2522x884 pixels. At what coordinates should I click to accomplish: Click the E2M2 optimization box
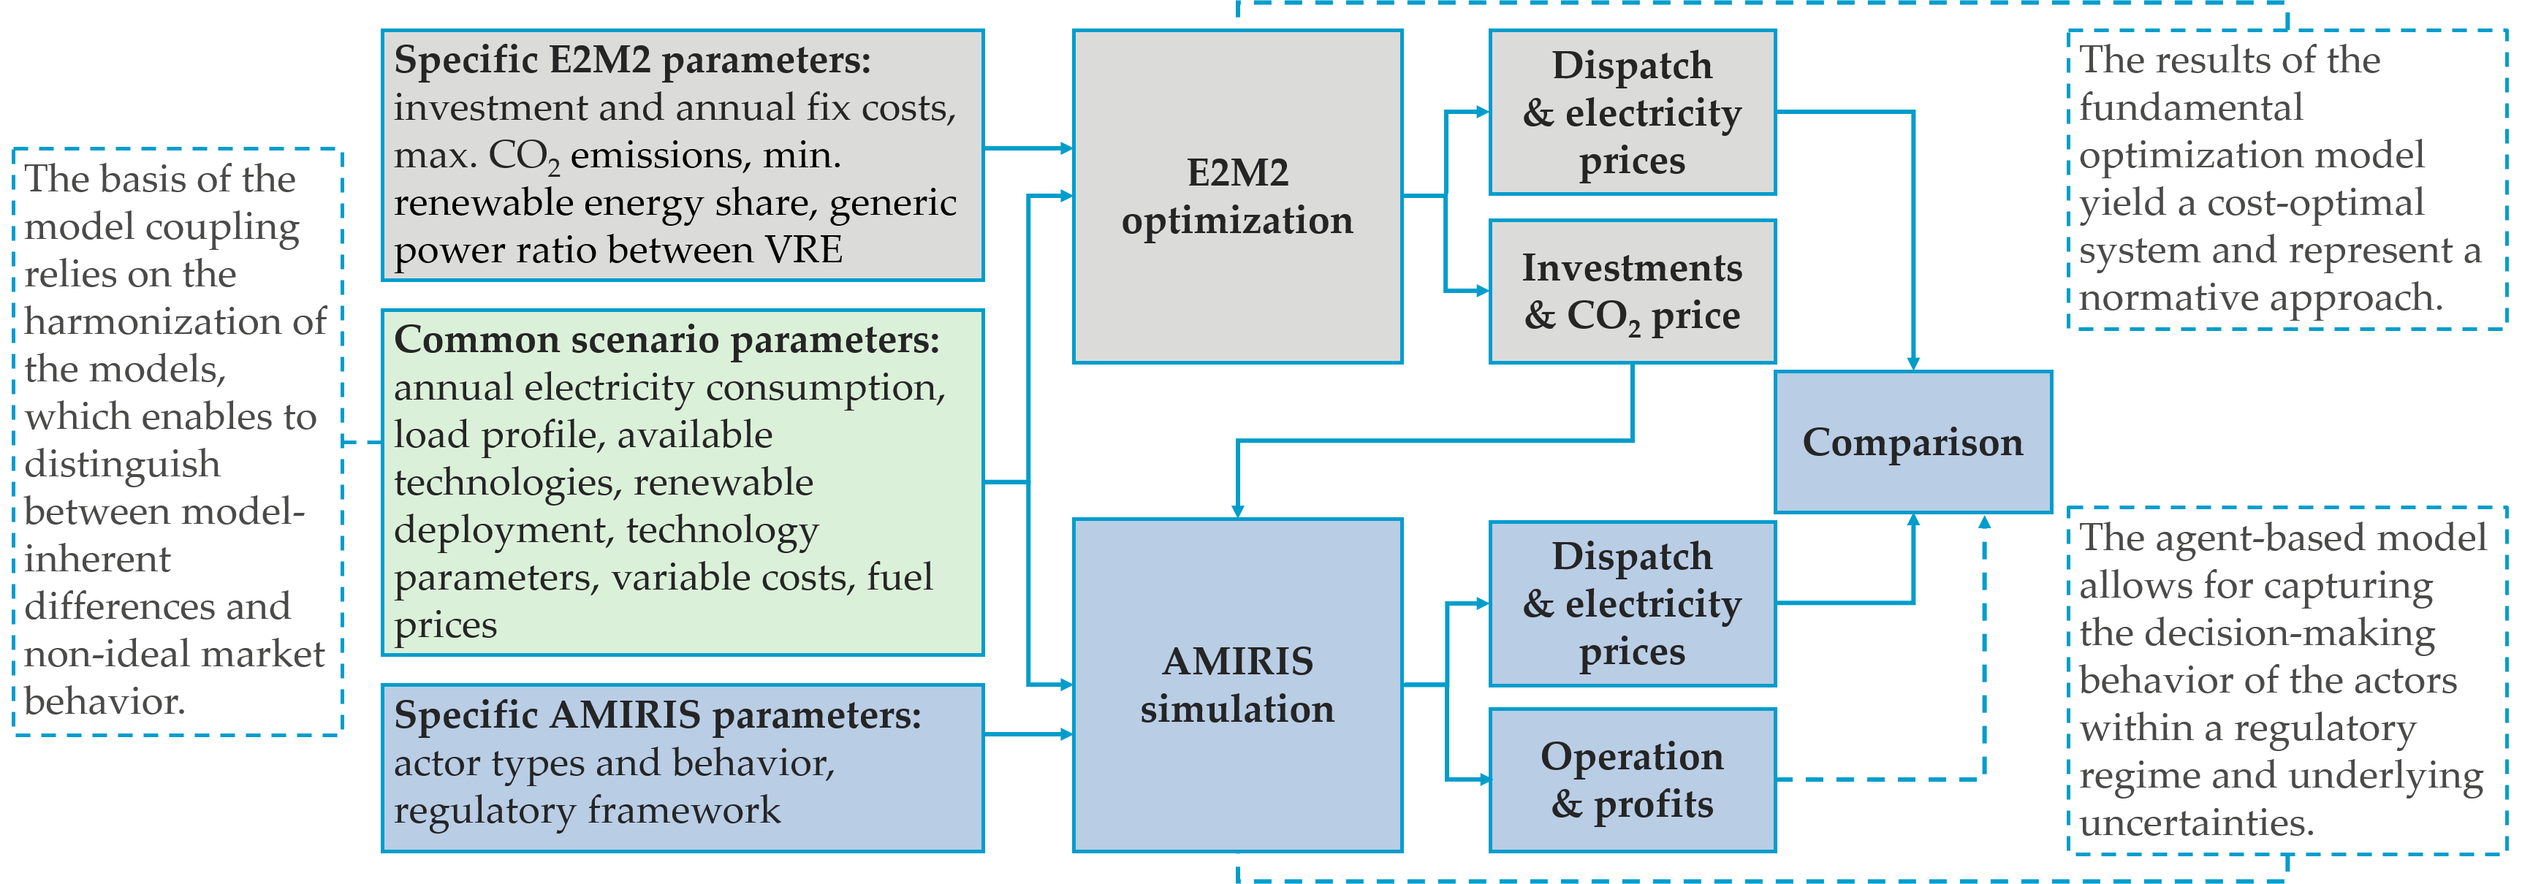click(x=1237, y=196)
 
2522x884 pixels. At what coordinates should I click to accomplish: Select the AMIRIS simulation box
click(x=1237, y=685)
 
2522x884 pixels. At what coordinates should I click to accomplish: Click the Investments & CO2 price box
click(x=1632, y=292)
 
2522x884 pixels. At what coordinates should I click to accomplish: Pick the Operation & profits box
click(x=1632, y=780)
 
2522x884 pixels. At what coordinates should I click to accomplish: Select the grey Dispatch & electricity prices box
click(x=1632, y=113)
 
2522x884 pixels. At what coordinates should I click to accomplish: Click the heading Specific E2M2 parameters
click(x=631, y=61)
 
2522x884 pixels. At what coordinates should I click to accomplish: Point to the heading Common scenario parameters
click(x=666, y=340)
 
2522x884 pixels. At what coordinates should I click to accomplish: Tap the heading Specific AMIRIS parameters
click(x=657, y=716)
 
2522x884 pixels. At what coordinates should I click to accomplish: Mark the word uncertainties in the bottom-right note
click(x=2196, y=823)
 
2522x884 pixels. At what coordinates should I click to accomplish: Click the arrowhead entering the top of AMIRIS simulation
click(x=1237, y=510)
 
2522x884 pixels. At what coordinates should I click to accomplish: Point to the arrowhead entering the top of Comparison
click(x=1912, y=362)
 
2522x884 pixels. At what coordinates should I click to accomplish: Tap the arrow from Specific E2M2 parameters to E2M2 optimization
click(x=1028, y=149)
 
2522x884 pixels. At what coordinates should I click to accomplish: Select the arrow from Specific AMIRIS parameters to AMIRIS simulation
click(x=1028, y=734)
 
